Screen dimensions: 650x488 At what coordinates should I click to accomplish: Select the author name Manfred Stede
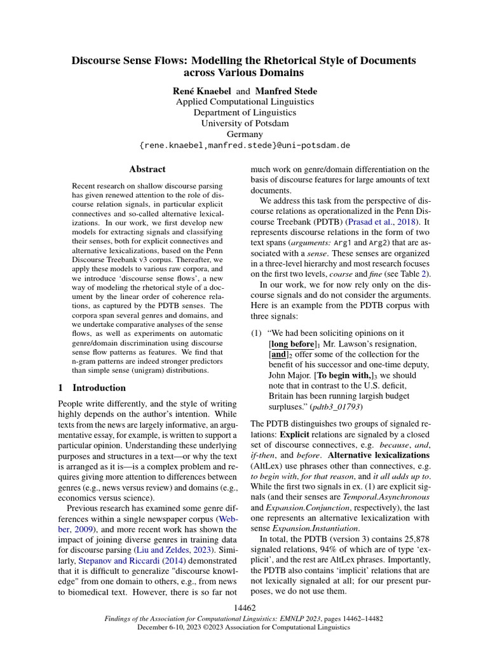pyautogui.click(x=286, y=91)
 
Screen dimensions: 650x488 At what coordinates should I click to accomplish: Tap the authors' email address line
pyautogui.click(x=244, y=145)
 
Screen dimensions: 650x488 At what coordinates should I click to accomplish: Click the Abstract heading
pyautogui.click(x=147, y=169)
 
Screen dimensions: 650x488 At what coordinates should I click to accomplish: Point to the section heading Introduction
pyautogui.click(x=99, y=388)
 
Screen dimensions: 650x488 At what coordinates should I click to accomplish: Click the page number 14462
pyautogui.click(x=244, y=607)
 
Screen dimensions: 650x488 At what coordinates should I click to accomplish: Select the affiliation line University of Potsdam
pyautogui.click(x=244, y=123)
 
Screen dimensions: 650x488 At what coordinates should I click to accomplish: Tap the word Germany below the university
pyautogui.click(x=244, y=134)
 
